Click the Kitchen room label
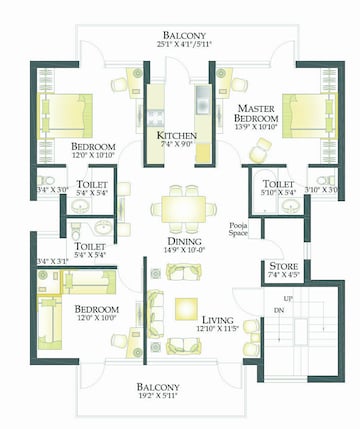click(176, 136)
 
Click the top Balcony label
click(181, 32)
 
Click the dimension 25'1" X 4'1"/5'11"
click(181, 43)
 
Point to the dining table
click(181, 209)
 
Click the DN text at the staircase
click(279, 311)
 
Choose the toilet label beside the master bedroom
click(277, 185)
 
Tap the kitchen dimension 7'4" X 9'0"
click(176, 146)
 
